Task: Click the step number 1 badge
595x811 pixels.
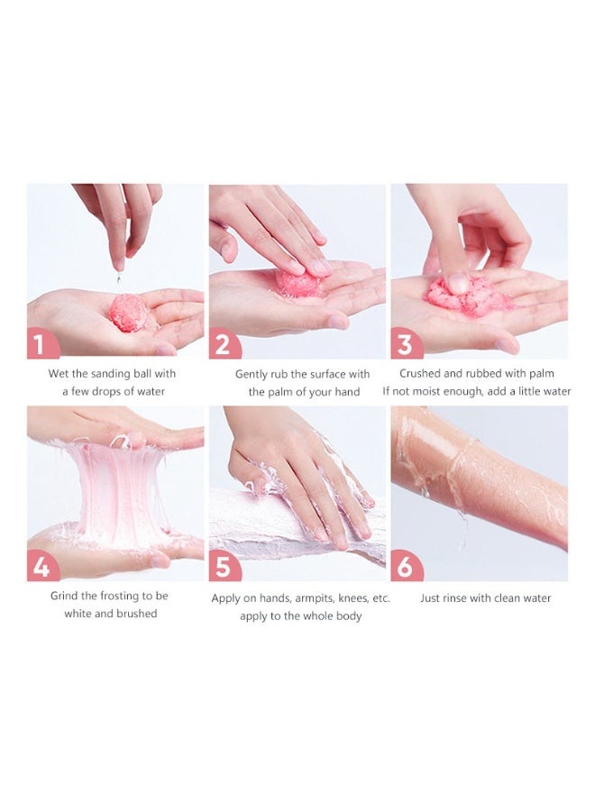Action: pyautogui.click(x=41, y=344)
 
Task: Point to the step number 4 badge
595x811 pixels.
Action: pyautogui.click(x=41, y=568)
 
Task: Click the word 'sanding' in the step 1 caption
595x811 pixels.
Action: pyautogui.click(x=111, y=374)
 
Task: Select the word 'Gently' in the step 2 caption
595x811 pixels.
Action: pyautogui.click(x=252, y=374)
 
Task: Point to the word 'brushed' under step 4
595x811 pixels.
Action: pyautogui.click(x=137, y=614)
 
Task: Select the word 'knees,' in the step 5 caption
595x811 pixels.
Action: pyautogui.click(x=352, y=599)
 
